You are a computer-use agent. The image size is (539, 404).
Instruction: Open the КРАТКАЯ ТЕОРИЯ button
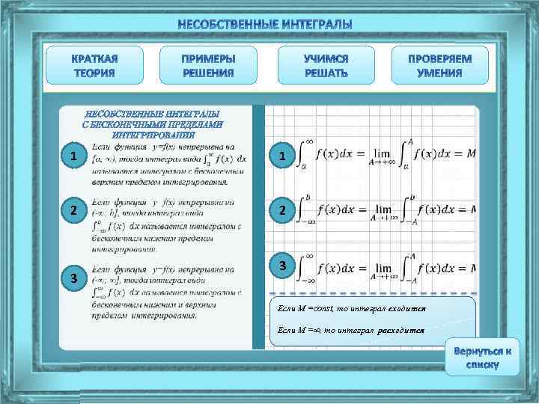tap(94, 66)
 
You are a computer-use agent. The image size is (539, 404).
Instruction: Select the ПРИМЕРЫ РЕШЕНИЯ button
tap(208, 66)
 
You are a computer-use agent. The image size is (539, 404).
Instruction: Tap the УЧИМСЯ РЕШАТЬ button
tap(326, 66)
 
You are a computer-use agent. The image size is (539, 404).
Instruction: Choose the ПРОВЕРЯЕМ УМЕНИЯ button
tap(439, 66)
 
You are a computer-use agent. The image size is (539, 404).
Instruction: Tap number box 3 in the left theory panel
tap(73, 278)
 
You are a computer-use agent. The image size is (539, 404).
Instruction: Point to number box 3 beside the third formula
tap(281, 266)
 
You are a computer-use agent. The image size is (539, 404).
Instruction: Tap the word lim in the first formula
tap(383, 152)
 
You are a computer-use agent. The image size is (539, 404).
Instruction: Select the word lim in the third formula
tap(383, 267)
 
